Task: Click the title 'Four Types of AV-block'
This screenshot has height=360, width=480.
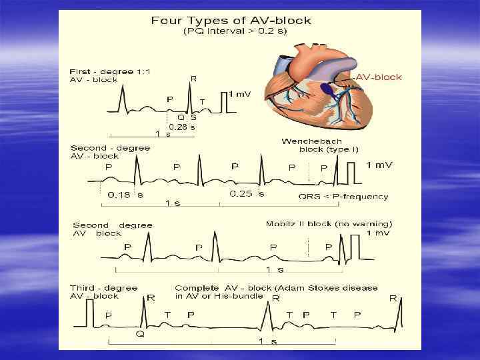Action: tap(231, 20)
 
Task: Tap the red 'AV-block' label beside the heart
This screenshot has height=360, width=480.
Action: tap(379, 77)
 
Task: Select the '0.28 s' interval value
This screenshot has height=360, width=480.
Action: tap(181, 127)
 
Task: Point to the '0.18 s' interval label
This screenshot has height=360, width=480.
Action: tap(125, 195)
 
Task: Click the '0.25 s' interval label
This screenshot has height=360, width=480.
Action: tap(247, 194)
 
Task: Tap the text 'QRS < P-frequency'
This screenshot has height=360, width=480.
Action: tap(343, 196)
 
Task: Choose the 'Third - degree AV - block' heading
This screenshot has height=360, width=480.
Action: tap(103, 292)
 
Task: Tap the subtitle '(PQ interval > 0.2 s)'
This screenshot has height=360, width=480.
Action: tap(231, 31)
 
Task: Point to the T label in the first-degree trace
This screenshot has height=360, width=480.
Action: tap(202, 101)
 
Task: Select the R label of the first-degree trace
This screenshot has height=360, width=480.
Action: tap(193, 79)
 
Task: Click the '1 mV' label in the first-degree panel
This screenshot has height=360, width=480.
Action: tap(241, 95)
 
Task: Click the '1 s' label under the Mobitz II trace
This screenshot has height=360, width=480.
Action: tap(275, 270)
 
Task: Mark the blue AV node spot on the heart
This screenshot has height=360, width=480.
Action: tap(326, 87)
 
